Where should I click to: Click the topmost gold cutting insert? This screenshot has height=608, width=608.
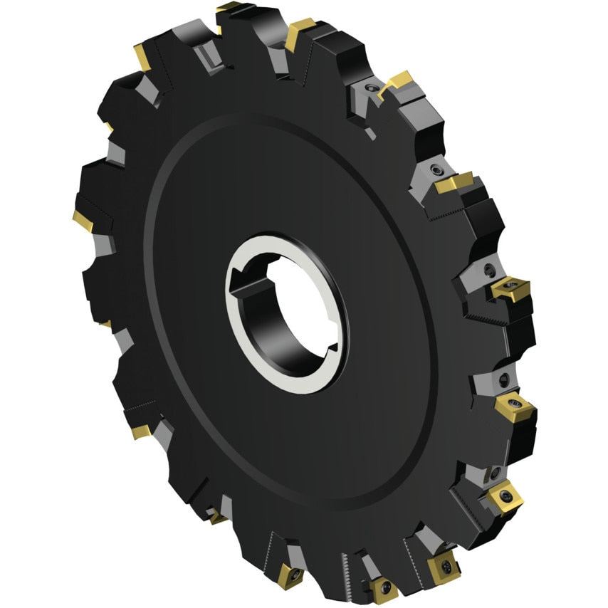[229, 9]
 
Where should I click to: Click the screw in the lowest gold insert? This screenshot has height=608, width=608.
[384, 589]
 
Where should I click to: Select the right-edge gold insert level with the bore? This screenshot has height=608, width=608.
[508, 290]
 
